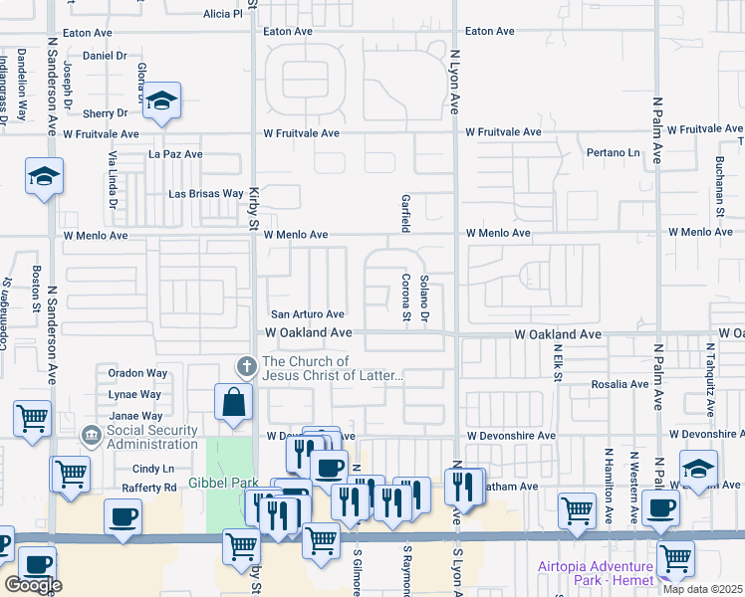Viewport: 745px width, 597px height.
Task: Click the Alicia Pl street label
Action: pyautogui.click(x=222, y=14)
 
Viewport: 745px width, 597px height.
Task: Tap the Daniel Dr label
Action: pyautogui.click(x=106, y=56)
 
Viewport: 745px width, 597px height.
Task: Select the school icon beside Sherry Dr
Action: pyautogui.click(x=161, y=100)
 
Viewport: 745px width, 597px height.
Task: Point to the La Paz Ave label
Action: pyautogui.click(x=175, y=154)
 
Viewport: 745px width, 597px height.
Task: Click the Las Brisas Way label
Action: pyautogui.click(x=205, y=193)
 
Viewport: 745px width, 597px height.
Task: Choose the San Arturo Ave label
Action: pyautogui.click(x=308, y=314)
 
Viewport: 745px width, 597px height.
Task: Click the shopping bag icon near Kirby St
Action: pyautogui.click(x=233, y=403)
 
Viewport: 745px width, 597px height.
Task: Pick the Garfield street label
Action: pyautogui.click(x=405, y=213)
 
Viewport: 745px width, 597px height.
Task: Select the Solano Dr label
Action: pyautogui.click(x=423, y=298)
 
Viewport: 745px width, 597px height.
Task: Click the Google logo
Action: pyautogui.click(x=33, y=585)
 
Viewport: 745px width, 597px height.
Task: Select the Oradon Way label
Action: pyautogui.click(x=138, y=374)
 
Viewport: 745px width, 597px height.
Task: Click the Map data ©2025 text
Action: pyautogui.click(x=701, y=588)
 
